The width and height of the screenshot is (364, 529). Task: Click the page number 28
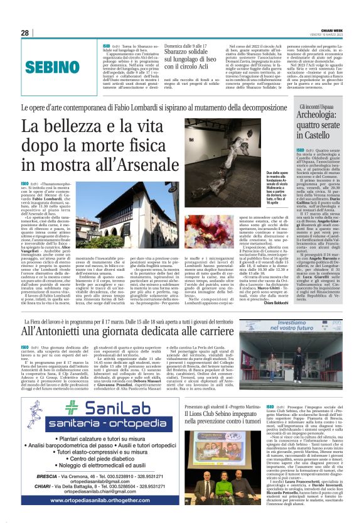[25, 33]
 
